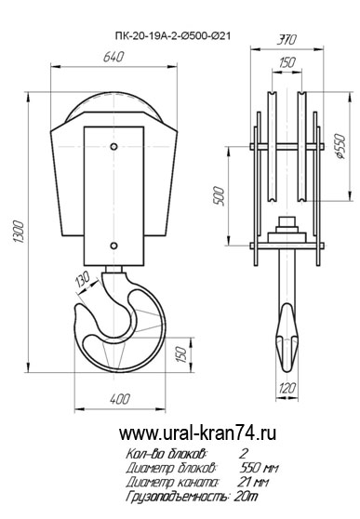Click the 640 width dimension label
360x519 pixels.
pos(113,57)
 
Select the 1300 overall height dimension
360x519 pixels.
pos(19,232)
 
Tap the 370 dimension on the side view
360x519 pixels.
pos(286,40)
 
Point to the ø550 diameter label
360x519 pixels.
pos(340,147)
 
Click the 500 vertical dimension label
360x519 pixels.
pos(219,196)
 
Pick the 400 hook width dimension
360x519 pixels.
pos(120,399)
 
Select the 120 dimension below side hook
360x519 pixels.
pos(287,388)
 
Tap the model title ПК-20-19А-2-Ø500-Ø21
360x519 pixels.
pos(172,35)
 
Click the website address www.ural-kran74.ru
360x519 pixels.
pos(197,433)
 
